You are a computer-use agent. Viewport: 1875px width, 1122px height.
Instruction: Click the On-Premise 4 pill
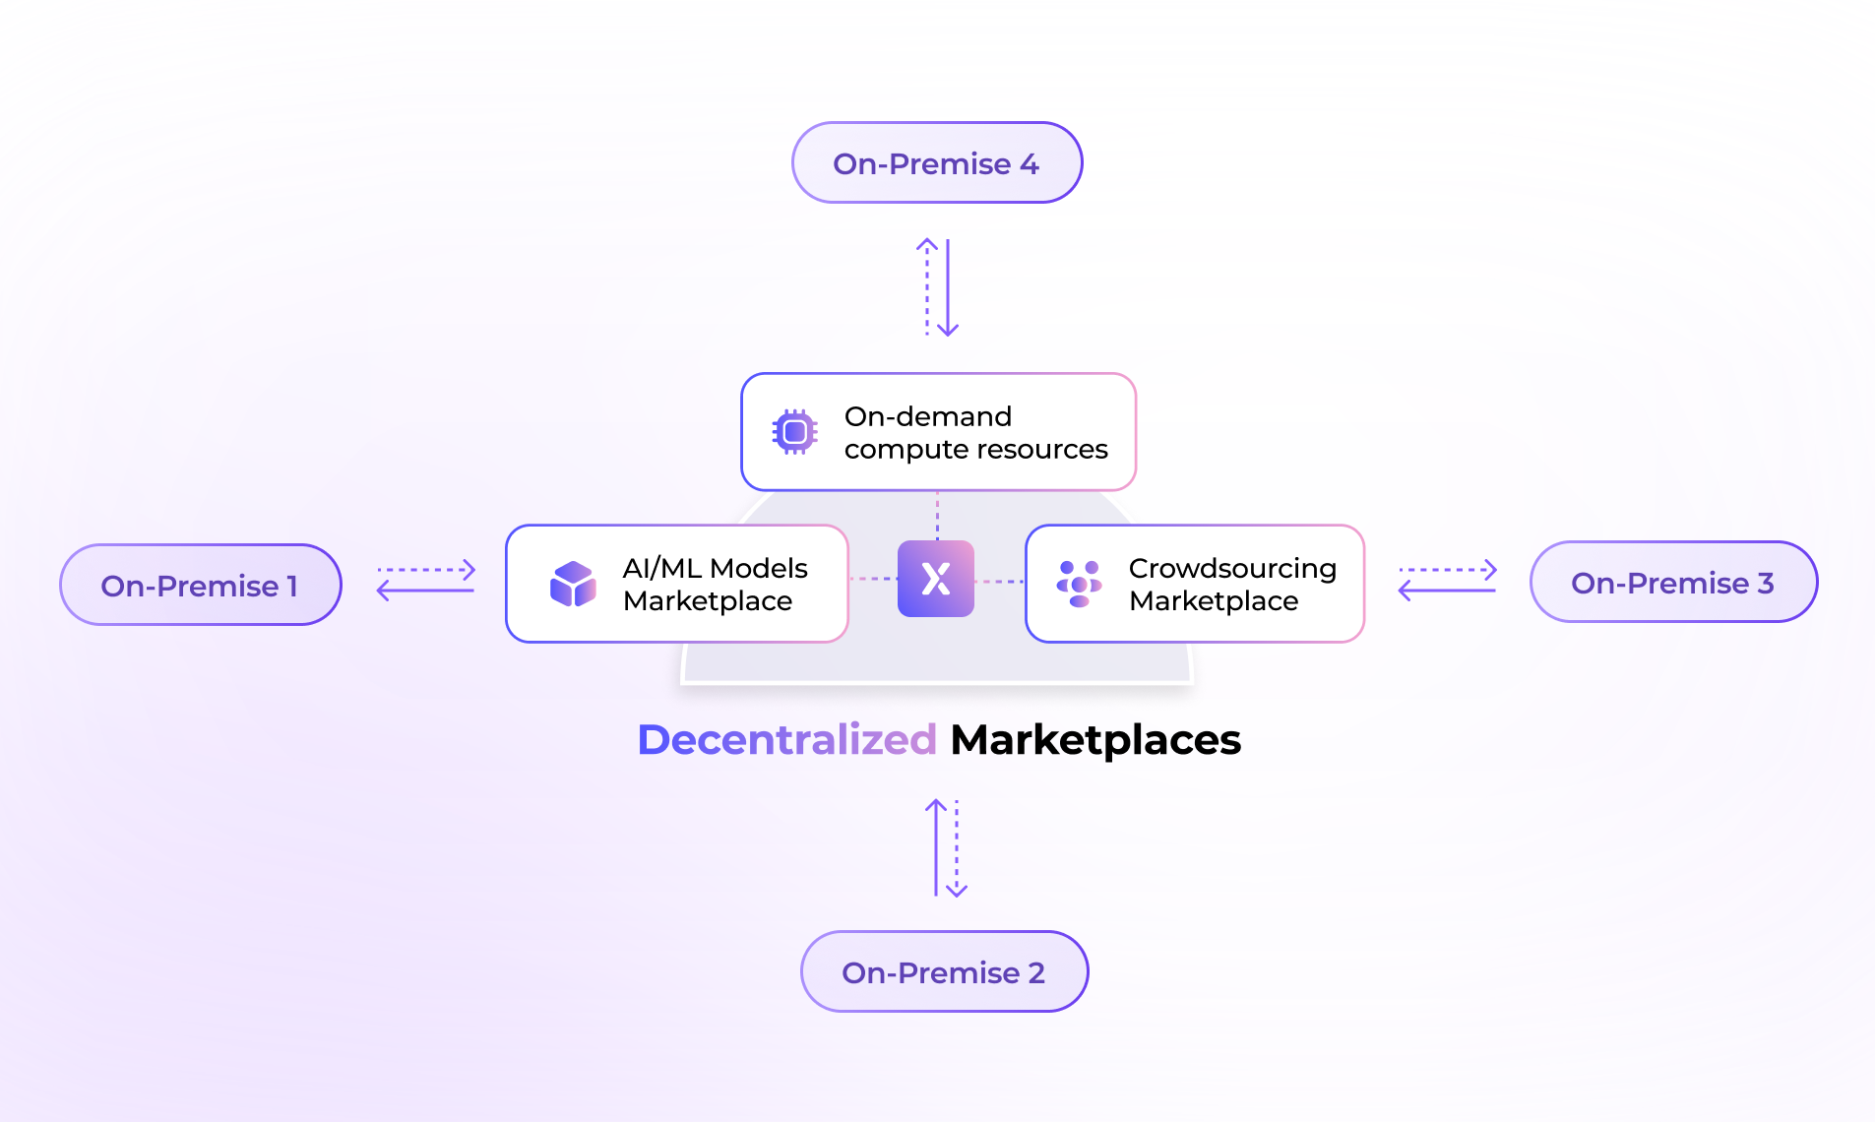tap(936, 163)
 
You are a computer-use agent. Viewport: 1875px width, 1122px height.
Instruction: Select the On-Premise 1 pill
tap(200, 586)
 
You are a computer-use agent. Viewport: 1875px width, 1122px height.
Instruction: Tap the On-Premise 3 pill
tap(1672, 583)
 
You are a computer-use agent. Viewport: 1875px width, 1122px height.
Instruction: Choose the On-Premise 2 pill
tap(943, 972)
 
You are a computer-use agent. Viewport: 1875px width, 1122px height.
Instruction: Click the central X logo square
tap(936, 579)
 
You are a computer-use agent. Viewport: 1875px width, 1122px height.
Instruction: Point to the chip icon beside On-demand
tap(794, 432)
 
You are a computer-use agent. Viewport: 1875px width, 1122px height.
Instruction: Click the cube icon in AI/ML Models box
tap(573, 585)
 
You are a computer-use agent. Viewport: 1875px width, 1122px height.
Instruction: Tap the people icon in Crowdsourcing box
tap(1079, 584)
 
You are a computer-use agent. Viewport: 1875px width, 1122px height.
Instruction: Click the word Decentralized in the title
tap(786, 740)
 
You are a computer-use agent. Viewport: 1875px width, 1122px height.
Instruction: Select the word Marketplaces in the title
tap(1095, 740)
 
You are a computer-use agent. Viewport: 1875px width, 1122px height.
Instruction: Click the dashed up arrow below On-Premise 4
tap(927, 286)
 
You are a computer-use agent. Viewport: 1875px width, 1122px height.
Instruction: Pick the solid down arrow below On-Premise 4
tap(948, 288)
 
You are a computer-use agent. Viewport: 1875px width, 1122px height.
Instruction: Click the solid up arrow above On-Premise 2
tap(936, 847)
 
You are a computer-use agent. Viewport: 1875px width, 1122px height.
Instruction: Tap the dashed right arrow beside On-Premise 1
tap(426, 570)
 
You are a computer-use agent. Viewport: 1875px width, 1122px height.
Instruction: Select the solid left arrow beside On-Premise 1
tap(425, 591)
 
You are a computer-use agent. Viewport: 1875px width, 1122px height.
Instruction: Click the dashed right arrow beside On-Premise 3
tap(1448, 570)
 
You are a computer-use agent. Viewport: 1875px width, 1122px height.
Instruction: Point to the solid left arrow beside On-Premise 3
tap(1447, 591)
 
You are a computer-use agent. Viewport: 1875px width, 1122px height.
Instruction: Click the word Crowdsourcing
tap(1232, 569)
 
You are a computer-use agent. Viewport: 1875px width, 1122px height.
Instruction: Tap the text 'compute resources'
tap(975, 450)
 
